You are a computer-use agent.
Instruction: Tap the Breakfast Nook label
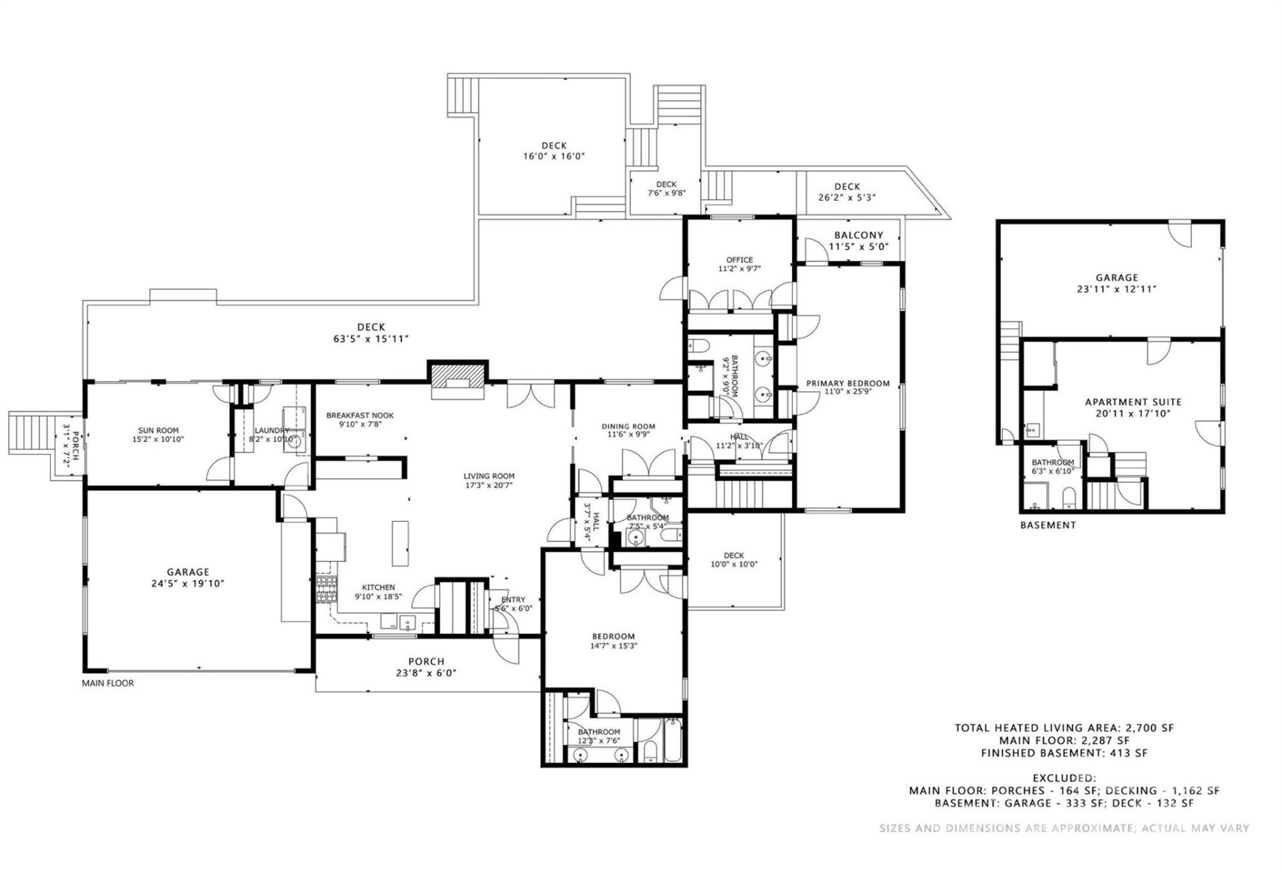click(360, 415)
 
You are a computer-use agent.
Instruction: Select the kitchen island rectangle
click(400, 543)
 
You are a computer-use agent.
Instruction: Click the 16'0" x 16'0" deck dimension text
click(554, 156)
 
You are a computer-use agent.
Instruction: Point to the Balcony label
click(858, 235)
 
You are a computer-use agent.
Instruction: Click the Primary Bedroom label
click(847, 383)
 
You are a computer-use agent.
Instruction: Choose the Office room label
click(739, 260)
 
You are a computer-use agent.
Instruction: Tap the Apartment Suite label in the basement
click(1132, 402)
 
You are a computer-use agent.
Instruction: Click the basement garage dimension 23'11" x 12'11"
click(1116, 289)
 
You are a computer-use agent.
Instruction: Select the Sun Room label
click(158, 430)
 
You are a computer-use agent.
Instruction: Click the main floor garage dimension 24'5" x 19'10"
click(188, 583)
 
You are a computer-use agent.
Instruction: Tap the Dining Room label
click(628, 426)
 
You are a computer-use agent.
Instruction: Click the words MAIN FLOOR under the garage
click(108, 683)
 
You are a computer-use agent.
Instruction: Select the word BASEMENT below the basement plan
click(1048, 525)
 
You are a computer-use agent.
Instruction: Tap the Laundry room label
click(271, 430)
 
